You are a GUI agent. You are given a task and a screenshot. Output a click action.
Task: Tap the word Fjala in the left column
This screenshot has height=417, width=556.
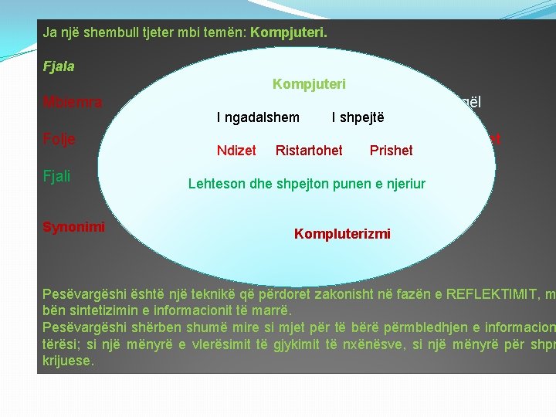tap(59, 66)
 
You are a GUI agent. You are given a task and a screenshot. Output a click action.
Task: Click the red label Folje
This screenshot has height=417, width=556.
tap(59, 140)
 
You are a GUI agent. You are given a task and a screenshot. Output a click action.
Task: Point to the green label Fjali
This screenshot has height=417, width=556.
tap(57, 176)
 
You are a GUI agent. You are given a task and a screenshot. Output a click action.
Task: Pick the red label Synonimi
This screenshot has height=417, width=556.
tap(73, 227)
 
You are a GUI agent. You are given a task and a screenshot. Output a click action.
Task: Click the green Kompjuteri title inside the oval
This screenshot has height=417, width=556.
tap(309, 83)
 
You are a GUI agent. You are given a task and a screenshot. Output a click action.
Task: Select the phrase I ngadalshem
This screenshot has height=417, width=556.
tap(258, 117)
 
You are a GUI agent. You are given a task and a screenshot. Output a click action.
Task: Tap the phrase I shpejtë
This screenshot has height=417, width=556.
tap(358, 117)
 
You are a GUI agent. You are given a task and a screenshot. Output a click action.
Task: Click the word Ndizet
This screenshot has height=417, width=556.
tap(236, 151)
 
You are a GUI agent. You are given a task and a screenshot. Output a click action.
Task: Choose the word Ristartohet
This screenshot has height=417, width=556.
tap(309, 151)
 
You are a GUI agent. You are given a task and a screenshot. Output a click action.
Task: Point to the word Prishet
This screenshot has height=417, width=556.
tap(392, 151)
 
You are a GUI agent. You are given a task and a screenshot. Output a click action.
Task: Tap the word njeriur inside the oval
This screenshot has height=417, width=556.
tap(403, 184)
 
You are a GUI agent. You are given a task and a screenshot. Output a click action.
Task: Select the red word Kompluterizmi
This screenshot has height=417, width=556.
tap(342, 234)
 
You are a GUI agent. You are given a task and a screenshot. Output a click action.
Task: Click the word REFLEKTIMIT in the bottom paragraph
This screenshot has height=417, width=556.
tap(480, 295)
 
